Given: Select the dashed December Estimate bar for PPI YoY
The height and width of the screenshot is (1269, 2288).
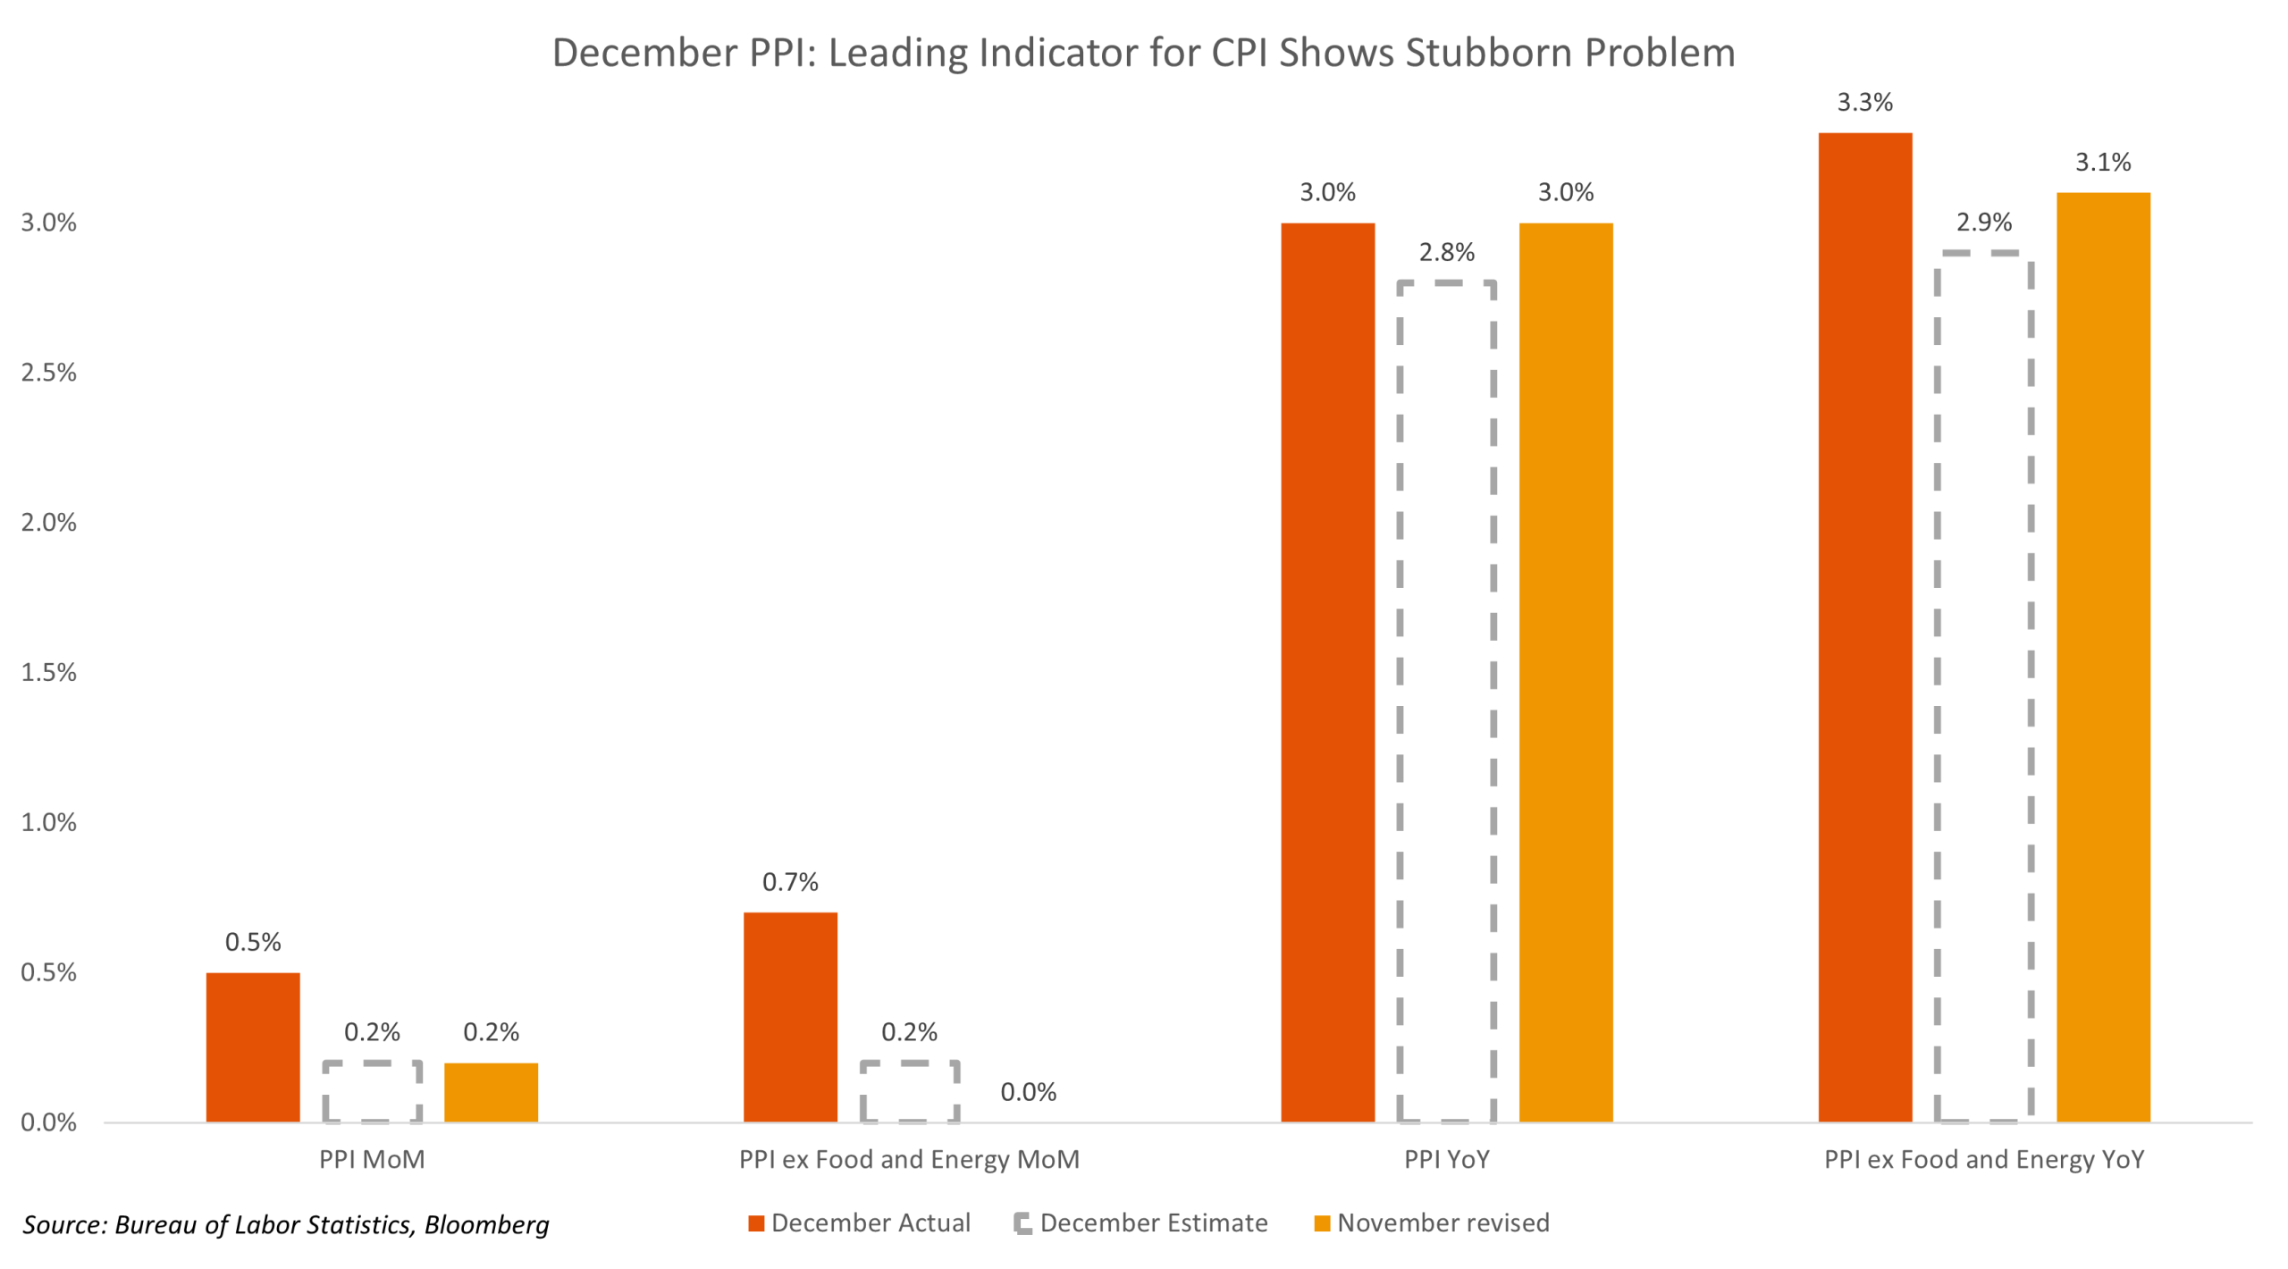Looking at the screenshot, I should click(1445, 702).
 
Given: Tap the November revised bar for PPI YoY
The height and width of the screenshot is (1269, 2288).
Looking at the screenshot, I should click(1565, 672).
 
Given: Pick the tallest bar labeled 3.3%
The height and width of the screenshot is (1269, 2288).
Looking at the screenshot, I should click(1864, 627).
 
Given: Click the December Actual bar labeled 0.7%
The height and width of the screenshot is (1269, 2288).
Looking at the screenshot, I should click(790, 1016).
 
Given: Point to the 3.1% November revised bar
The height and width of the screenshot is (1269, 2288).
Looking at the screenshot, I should click(2102, 657).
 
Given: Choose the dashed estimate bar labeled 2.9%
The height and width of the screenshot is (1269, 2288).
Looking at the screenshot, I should click(1982, 686).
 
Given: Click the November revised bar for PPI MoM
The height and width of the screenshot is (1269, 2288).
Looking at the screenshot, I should click(491, 1091).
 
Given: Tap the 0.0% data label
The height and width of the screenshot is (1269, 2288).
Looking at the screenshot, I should click(1028, 1091).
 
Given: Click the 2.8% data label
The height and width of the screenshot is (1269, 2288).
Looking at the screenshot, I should click(1446, 252).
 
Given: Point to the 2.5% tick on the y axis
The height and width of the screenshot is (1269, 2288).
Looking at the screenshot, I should click(49, 373).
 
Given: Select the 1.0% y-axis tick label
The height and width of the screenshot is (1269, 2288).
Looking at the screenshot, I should click(49, 822).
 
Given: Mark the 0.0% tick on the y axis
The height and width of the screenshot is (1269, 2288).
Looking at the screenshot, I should click(49, 1122).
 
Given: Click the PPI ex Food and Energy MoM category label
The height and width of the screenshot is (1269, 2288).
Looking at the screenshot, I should click(909, 1159).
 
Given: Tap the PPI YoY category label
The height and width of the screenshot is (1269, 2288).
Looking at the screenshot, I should click(1446, 1159).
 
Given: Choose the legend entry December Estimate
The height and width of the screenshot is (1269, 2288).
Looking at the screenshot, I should click(1152, 1222).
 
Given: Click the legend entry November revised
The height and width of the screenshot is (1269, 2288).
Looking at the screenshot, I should click(1442, 1222).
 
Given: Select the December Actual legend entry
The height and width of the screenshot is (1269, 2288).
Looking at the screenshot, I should click(869, 1222).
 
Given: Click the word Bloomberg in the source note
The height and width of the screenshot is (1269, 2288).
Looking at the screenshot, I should click(486, 1223).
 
